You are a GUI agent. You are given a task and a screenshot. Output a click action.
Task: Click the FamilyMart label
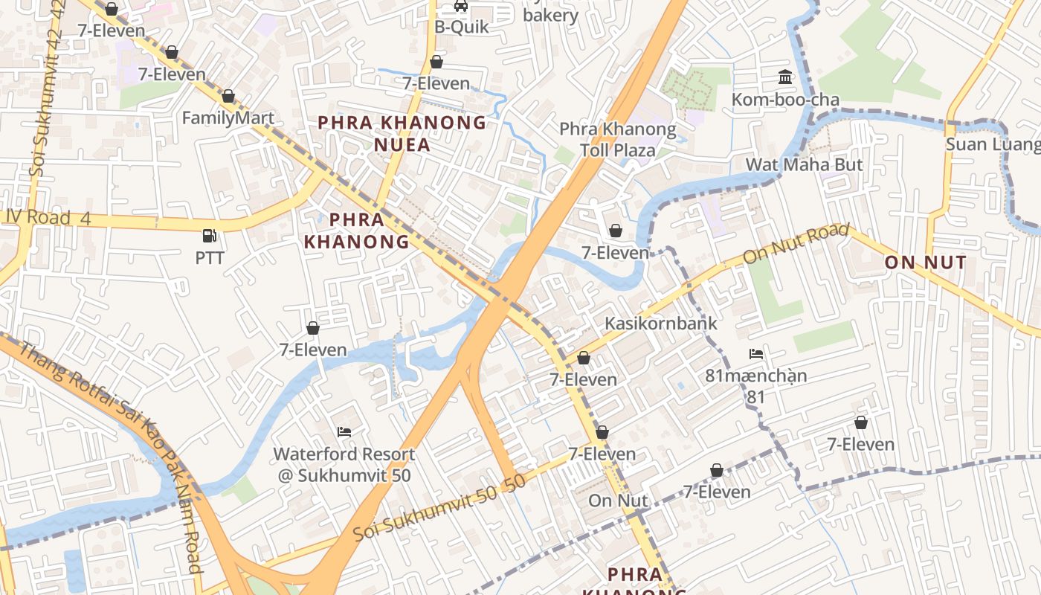click(228, 118)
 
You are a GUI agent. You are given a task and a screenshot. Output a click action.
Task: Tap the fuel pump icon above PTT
click(210, 237)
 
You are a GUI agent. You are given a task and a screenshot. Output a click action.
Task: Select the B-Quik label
click(462, 27)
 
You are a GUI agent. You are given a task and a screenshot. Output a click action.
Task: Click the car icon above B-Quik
click(461, 7)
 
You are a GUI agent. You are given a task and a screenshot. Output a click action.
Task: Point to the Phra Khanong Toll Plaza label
click(618, 140)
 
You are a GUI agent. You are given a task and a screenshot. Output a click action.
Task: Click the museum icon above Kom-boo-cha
click(785, 77)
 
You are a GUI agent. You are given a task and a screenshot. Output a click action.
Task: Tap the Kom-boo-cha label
click(785, 100)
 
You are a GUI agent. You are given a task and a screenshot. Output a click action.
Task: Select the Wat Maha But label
click(804, 164)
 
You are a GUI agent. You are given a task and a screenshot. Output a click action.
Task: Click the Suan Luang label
click(992, 144)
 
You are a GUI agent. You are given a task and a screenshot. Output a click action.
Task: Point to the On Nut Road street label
click(796, 243)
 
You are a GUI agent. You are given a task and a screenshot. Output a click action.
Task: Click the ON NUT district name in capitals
click(925, 262)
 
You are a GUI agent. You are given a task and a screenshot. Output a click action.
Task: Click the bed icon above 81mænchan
click(756, 354)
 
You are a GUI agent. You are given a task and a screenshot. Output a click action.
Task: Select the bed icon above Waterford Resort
click(344, 431)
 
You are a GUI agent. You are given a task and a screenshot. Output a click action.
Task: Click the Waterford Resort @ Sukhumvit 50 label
click(344, 464)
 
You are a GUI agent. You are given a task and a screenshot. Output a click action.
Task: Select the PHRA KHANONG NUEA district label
click(402, 132)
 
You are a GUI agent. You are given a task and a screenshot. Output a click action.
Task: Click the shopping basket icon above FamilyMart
click(228, 96)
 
